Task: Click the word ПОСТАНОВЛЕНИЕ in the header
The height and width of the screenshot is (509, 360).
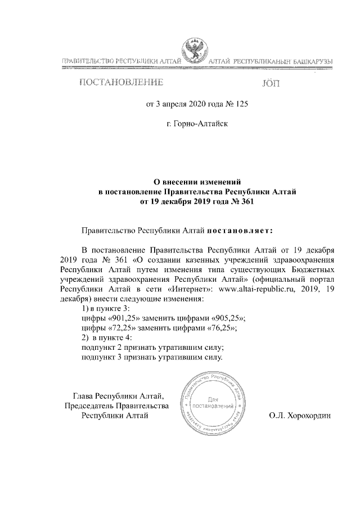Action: point(121,83)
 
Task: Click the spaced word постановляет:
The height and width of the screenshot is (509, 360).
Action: point(240,230)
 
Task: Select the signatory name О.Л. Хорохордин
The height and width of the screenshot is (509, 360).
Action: point(301,416)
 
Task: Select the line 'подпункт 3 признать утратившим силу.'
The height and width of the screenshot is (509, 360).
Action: point(152,357)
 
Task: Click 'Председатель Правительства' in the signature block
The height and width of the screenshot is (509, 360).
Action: point(116,406)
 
